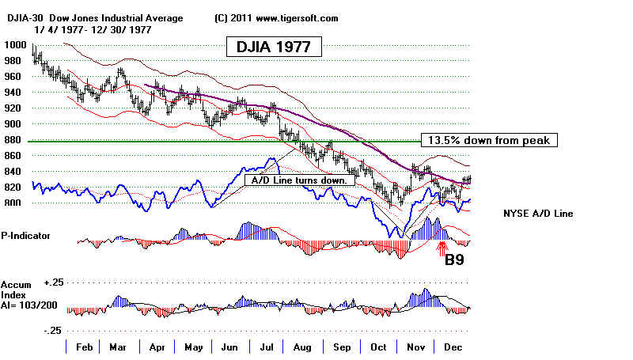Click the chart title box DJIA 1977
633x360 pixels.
pyautogui.click(x=274, y=47)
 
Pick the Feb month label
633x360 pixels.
pyautogui.click(x=83, y=347)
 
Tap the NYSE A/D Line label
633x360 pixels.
pyautogui.click(x=538, y=214)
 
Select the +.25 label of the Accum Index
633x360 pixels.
pyautogui.click(x=53, y=282)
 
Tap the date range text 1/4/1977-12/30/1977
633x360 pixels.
pyautogui.click(x=96, y=28)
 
